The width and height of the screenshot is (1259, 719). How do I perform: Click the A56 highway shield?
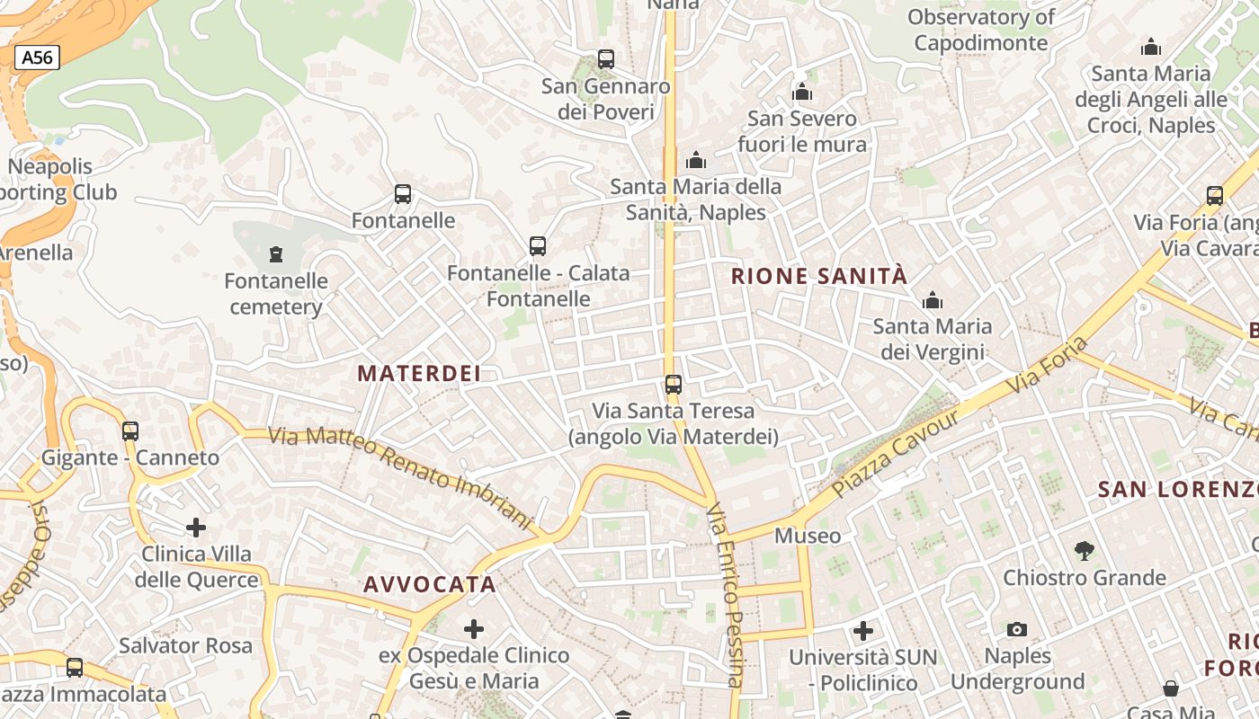[37, 58]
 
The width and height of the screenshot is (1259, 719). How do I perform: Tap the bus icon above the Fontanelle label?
[403, 194]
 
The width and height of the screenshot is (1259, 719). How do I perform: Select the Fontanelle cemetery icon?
[276, 254]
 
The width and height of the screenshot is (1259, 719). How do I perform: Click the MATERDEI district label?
[419, 374]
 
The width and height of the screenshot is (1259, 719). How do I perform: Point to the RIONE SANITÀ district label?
[819, 276]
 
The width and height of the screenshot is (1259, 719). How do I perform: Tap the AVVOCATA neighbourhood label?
[430, 584]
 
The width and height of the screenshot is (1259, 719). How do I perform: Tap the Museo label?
[808, 537]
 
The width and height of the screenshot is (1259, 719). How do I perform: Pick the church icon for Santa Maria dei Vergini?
[933, 299]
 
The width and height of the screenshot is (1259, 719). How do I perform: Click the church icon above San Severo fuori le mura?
[802, 92]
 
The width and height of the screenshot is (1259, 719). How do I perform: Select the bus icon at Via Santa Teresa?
[673, 385]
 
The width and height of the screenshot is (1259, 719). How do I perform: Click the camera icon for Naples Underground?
[1017, 629]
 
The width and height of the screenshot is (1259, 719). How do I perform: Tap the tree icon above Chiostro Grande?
[1085, 550]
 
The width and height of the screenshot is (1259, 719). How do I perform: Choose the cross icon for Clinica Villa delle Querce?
[196, 527]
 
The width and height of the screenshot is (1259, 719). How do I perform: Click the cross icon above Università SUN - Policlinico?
[863, 631]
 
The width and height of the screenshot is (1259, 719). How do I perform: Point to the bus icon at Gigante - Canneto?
[130, 431]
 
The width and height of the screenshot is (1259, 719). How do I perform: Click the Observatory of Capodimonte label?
[981, 30]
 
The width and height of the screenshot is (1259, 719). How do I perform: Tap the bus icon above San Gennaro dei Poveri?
[606, 59]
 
